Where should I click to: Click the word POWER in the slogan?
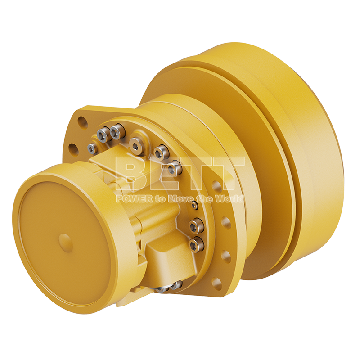(x=134, y=198)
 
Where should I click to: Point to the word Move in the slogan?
(x=180, y=198)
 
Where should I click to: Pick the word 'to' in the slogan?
(x=160, y=199)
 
